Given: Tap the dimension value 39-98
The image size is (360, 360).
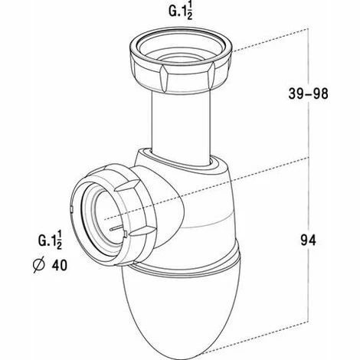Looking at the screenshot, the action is point(308,93).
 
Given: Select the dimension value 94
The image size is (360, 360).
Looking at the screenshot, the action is point(308,241).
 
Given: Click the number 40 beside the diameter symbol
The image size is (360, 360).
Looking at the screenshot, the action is point(60,265).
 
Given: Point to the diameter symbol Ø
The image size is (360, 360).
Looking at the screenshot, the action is point(39,265).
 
